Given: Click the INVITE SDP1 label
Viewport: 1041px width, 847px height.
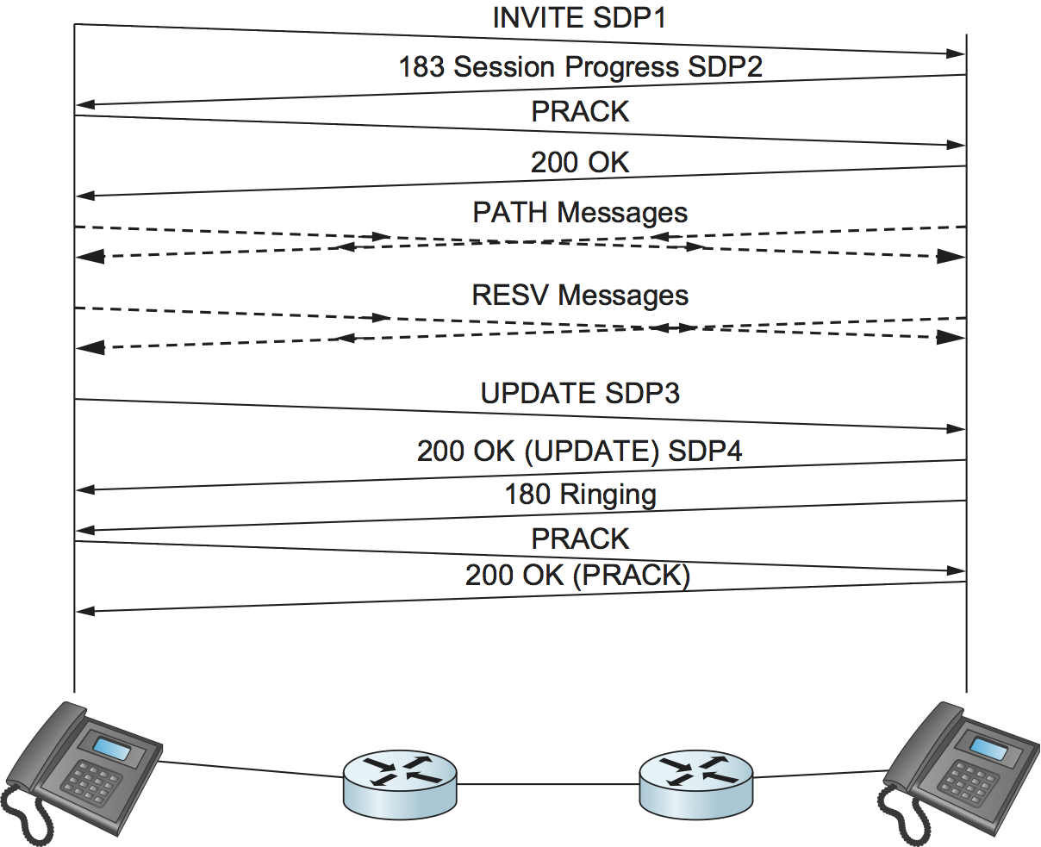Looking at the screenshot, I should [579, 18].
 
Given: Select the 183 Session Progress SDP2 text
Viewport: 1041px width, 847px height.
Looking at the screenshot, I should [580, 67].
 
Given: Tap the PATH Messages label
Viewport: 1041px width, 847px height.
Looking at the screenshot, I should [580, 213].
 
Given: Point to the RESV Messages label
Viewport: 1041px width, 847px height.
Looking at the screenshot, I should [580, 296].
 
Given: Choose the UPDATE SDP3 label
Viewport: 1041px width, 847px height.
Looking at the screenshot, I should [580, 394].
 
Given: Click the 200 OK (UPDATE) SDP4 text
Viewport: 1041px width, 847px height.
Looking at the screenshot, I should [580, 451].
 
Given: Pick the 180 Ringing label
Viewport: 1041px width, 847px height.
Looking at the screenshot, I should [580, 495].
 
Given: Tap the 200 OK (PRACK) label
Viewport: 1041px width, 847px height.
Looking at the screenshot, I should [577, 576].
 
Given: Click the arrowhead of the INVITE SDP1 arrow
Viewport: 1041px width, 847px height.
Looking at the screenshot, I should [956, 53].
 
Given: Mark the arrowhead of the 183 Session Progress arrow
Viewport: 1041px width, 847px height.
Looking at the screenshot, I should [84, 105].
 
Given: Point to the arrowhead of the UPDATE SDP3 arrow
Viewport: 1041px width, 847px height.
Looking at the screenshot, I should [956, 428].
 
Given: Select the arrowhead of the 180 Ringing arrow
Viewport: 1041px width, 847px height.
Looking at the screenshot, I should [84, 530].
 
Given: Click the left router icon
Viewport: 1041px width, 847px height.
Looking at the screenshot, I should [400, 782].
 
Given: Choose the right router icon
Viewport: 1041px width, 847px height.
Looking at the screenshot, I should [695, 782].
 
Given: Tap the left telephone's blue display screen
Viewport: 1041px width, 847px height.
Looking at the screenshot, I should [112, 749].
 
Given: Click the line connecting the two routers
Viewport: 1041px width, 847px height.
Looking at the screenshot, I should [548, 783].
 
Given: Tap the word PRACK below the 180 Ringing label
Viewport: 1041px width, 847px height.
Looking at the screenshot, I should [580, 539].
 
